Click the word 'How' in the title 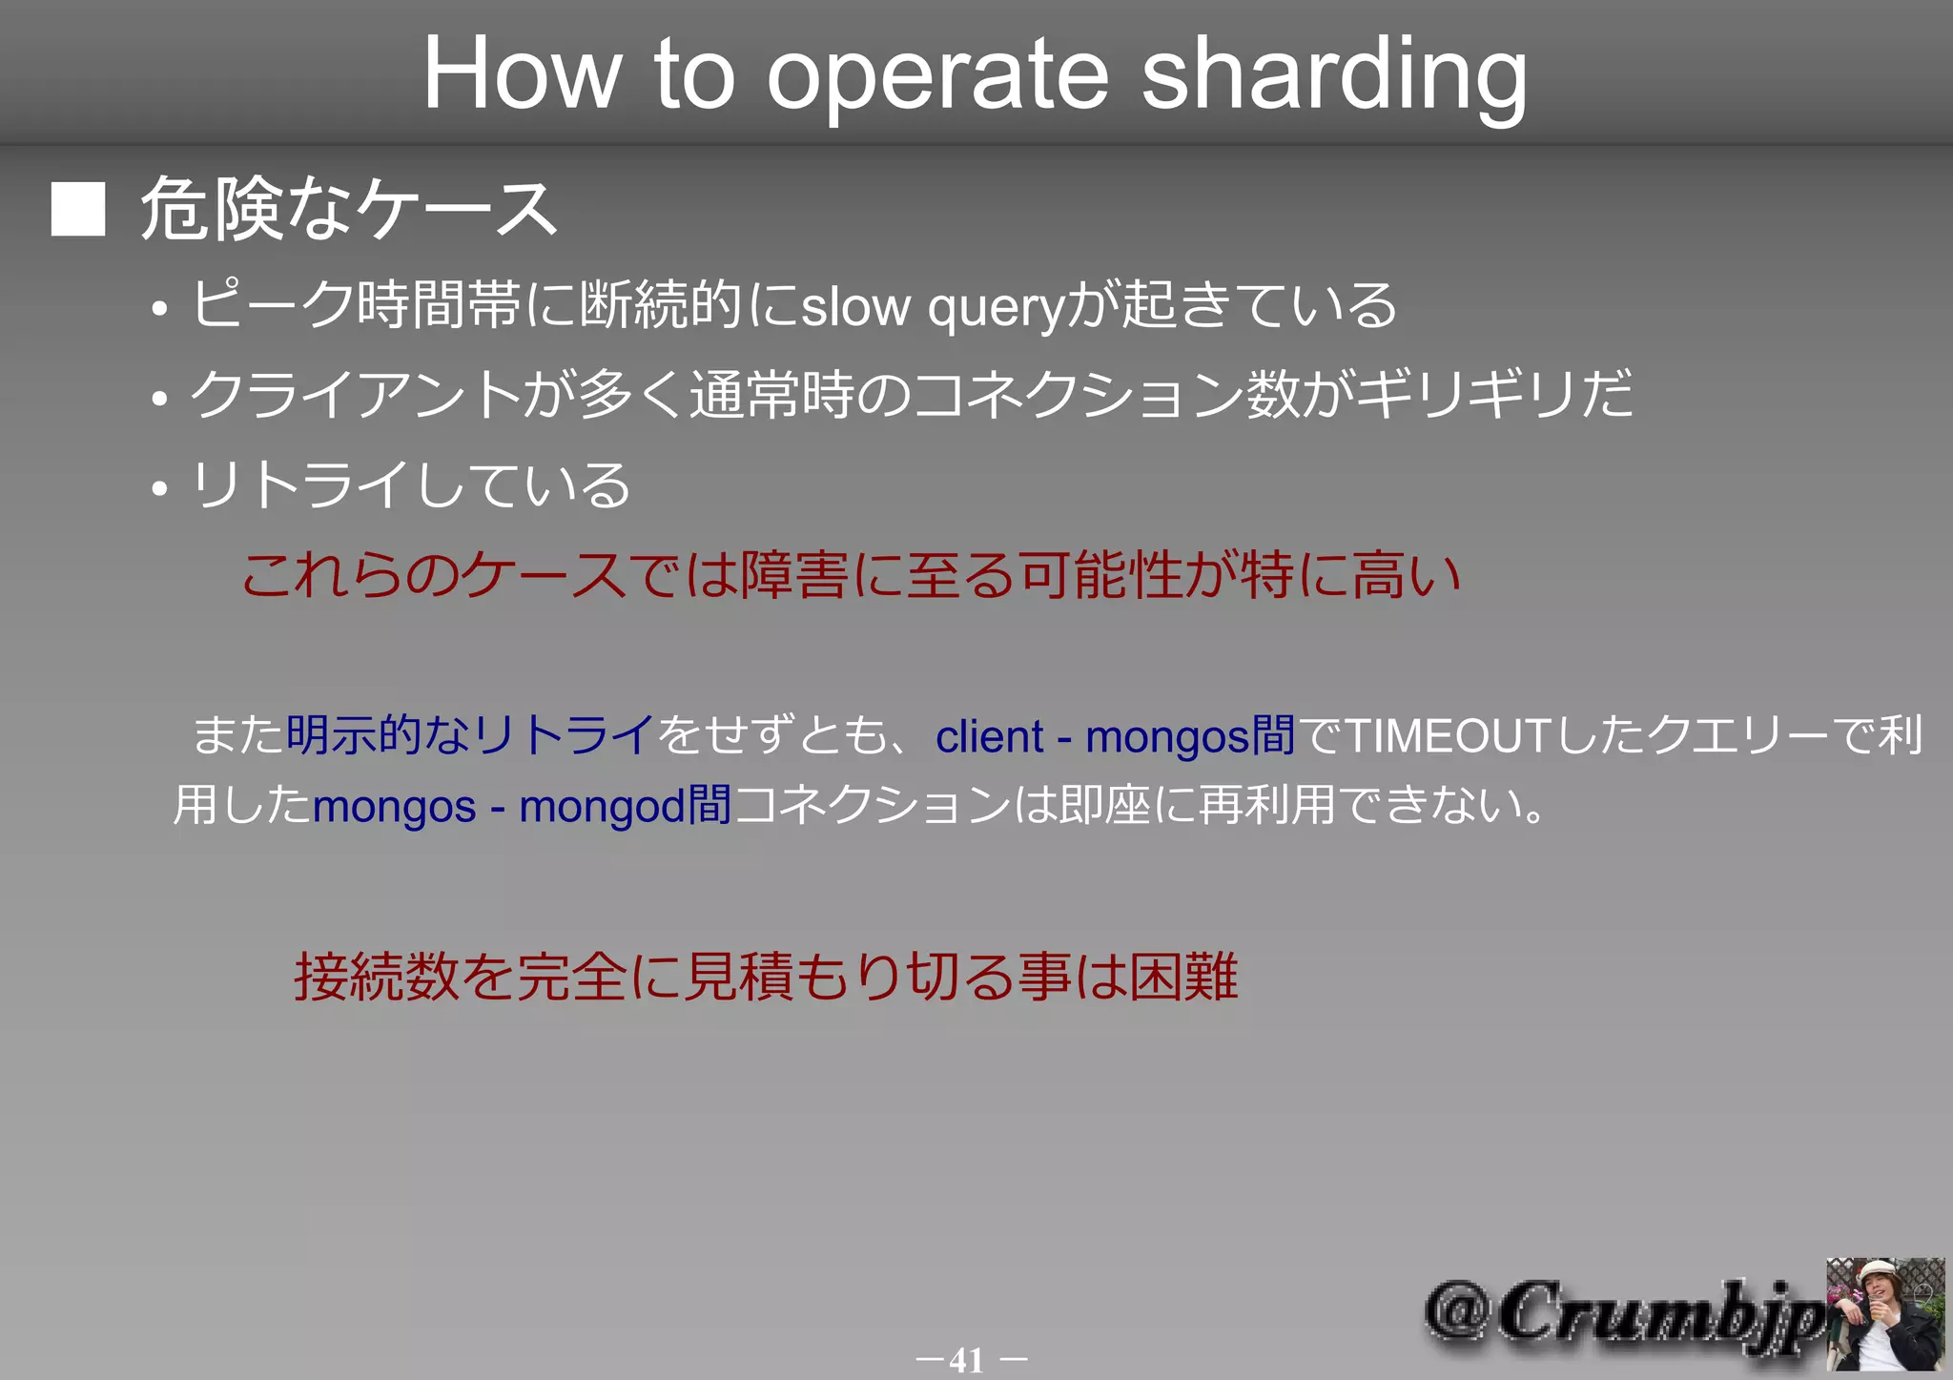(522, 74)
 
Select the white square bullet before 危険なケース (78, 209)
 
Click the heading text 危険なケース (349, 209)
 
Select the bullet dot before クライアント (159, 398)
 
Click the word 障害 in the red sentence (793, 575)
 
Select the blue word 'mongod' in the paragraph (602, 807)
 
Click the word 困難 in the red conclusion (1183, 977)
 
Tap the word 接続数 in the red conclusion (377, 977)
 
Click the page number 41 (967, 1359)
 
